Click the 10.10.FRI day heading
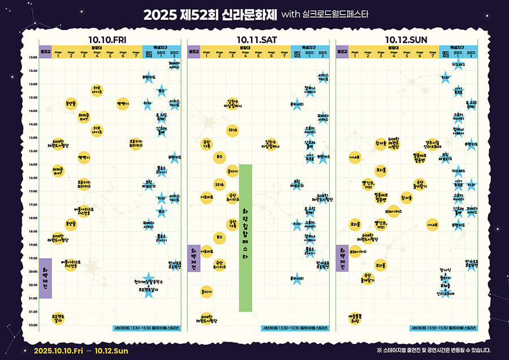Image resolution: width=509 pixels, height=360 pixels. [x=107, y=40]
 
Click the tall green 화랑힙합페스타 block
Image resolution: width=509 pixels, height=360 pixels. [x=245, y=238]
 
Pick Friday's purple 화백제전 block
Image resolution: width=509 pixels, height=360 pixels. [x=45, y=278]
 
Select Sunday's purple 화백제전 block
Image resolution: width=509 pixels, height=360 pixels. [x=342, y=258]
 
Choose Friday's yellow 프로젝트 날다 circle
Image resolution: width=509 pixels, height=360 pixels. [x=58, y=318]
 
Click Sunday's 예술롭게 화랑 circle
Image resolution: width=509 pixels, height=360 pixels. [x=355, y=318]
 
